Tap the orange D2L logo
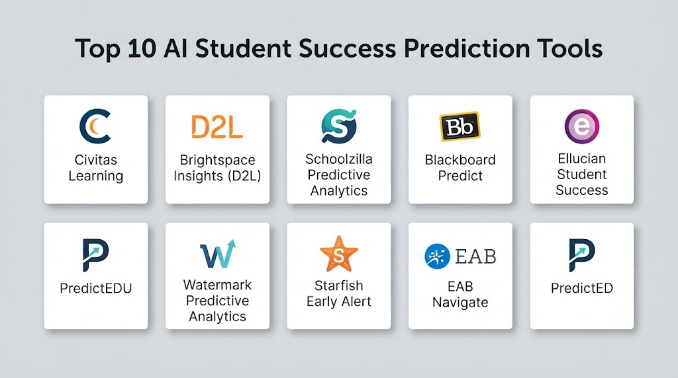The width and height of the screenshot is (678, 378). pyautogui.click(x=217, y=127)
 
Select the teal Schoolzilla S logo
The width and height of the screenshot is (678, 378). pyautogui.click(x=339, y=126)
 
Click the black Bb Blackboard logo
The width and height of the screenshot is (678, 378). pyautogui.click(x=460, y=126)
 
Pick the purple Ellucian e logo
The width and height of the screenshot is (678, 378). pyautogui.click(x=582, y=126)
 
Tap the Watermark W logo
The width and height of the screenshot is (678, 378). pyautogui.click(x=217, y=254)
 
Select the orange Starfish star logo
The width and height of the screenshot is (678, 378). pyautogui.click(x=339, y=254)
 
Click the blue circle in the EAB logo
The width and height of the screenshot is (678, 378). pyautogui.click(x=437, y=256)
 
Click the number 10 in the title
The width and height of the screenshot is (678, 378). pyautogui.click(x=142, y=48)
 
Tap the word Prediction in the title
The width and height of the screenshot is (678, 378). pyautogui.click(x=467, y=48)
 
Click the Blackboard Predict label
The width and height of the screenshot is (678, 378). pyautogui.click(x=460, y=168)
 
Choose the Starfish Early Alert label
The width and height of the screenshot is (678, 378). pyautogui.click(x=339, y=293)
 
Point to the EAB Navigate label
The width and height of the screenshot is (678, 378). pyautogui.click(x=460, y=294)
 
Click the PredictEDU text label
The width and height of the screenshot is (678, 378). pyautogui.click(x=96, y=288)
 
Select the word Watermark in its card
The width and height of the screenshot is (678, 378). pyautogui.click(x=217, y=285)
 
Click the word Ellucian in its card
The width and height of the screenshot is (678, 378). pyautogui.click(x=582, y=159)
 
